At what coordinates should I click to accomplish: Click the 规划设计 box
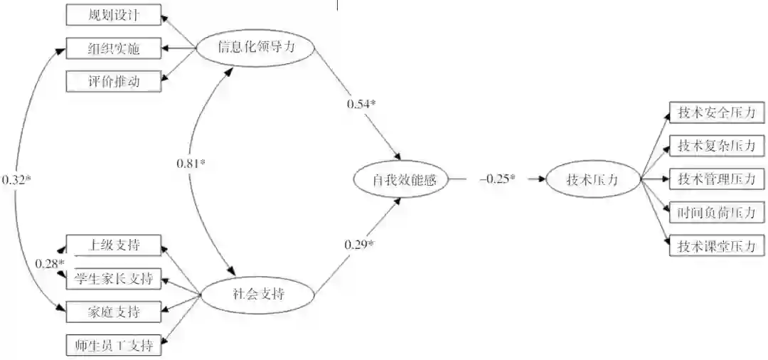114,15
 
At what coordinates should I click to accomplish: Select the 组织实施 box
114,48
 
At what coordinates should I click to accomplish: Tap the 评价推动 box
114,82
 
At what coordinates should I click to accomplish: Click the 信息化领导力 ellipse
255,48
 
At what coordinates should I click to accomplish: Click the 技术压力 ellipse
592,180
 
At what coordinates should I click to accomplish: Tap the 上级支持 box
114,245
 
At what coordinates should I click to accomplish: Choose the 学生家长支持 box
114,278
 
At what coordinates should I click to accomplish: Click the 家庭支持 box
114,312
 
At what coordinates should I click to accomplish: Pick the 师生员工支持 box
114,346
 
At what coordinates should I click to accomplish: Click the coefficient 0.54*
361,105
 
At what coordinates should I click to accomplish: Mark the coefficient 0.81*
191,164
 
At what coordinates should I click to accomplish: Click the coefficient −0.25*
497,179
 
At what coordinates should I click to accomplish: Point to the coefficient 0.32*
16,180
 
